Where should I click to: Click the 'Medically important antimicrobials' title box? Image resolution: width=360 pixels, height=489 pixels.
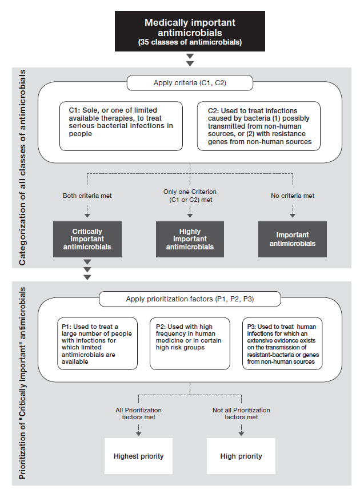point(190,31)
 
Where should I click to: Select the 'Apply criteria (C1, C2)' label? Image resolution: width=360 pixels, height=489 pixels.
point(190,83)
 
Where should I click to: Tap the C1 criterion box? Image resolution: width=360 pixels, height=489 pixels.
point(121,126)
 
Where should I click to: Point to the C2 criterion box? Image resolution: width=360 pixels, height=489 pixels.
point(259,126)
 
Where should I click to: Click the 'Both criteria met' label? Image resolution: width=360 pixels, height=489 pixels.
point(87,196)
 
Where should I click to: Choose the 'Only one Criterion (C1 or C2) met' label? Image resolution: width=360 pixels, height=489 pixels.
point(190,196)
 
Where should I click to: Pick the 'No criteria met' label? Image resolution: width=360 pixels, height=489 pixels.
point(293,196)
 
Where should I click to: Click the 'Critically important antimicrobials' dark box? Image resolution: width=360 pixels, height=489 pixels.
point(87,239)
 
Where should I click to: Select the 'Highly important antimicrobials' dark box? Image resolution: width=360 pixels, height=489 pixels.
point(190,239)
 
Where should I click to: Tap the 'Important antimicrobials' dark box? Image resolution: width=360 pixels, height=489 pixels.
point(293,239)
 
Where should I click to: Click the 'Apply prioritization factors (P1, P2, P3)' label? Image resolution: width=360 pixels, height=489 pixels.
point(190,299)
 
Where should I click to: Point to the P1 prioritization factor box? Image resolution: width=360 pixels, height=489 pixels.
point(97,344)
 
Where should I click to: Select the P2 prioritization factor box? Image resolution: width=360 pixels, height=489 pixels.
point(190,344)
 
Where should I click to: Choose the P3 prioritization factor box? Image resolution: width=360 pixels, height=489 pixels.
point(282,344)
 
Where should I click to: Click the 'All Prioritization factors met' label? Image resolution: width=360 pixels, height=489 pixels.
point(139,414)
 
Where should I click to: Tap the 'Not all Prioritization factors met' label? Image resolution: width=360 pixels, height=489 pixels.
point(241,414)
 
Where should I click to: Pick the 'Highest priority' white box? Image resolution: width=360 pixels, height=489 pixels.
point(139,456)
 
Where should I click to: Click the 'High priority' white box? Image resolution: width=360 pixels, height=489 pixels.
point(241,456)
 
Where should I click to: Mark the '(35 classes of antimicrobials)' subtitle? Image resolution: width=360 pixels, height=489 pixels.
point(190,42)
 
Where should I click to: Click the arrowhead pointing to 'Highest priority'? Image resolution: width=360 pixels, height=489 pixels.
point(139,434)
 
